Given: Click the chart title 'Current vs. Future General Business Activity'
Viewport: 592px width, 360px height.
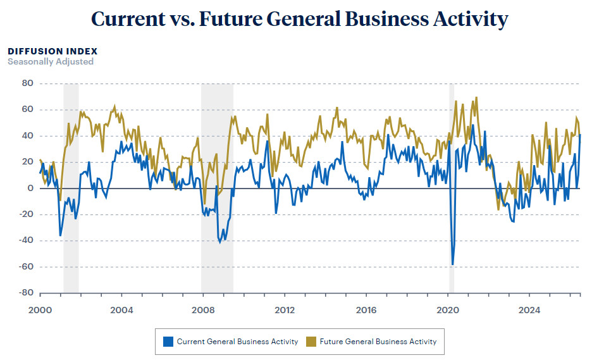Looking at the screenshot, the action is coord(299,19).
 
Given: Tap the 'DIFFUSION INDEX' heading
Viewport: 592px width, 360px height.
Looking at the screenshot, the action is coord(52,51).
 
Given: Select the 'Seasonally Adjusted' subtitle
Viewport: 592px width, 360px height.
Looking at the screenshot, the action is coord(51,61).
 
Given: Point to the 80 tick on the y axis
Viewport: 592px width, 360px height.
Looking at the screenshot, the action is coord(28,83).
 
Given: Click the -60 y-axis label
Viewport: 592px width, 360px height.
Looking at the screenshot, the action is coord(26,266).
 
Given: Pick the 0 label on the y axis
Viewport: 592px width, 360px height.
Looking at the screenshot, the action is coord(30,188).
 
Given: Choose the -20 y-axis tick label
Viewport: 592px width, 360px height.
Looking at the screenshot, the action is coord(26,214).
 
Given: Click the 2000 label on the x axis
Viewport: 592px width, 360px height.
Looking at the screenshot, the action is coord(40,310).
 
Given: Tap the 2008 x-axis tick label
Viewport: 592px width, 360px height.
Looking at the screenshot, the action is coord(203,310).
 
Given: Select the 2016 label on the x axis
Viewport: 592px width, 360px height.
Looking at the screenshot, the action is coord(366,310).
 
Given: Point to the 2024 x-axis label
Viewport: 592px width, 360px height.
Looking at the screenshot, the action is coord(529,310).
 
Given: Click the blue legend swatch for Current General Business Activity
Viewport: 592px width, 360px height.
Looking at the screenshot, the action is coord(168,342).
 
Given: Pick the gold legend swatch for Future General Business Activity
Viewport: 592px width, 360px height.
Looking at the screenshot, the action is coord(311,342).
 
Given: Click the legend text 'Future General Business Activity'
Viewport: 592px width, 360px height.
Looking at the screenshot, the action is coord(378,342).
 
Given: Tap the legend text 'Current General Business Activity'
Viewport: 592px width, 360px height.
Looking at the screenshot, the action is coord(237,342).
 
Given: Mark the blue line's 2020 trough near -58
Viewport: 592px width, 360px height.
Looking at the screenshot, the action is coord(453,264).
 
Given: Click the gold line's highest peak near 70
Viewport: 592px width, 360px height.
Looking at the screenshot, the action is coord(476,97).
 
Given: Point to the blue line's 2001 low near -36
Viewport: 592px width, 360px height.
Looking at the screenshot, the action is coord(61,236).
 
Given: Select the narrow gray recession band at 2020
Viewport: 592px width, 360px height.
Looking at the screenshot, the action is coord(452,188).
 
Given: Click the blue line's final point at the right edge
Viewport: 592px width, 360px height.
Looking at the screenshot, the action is coord(580,135).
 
